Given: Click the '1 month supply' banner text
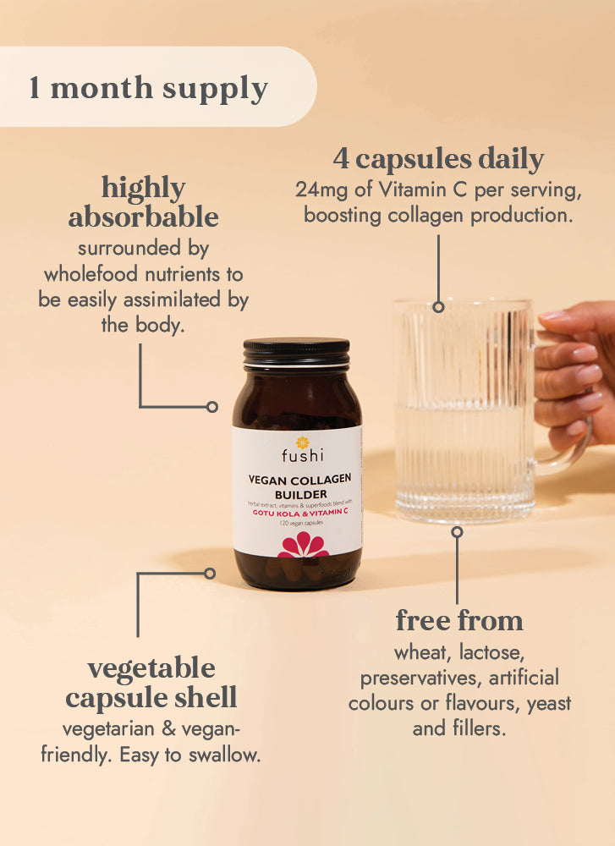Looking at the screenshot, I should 149,88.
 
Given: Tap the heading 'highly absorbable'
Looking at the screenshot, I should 143,201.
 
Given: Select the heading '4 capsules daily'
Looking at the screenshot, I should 437,158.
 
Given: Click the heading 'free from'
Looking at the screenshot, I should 459,620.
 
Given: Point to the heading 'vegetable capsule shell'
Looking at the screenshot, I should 151,683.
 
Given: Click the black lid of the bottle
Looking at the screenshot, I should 296,350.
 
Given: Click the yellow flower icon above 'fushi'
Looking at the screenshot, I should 297,441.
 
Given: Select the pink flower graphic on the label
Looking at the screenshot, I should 303,546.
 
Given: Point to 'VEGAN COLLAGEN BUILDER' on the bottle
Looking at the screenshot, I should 299,486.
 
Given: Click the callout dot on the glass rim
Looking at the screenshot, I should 438,307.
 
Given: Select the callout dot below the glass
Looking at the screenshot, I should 457,532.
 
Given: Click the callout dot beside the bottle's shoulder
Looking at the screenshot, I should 212,407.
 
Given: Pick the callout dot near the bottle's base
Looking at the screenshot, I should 210,573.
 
